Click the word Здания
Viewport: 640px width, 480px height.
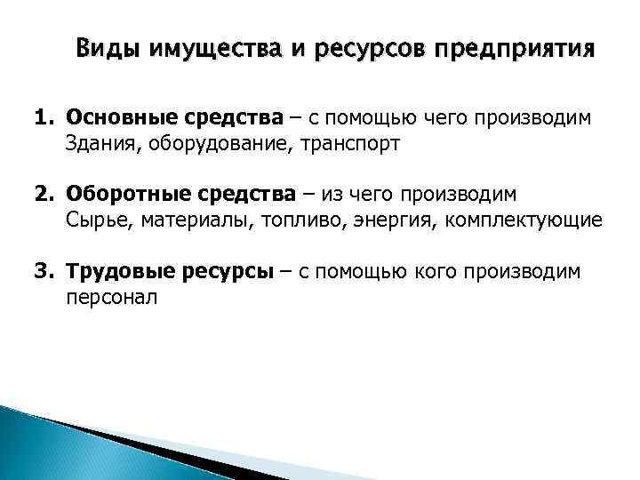(97, 144)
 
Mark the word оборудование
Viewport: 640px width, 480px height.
(195, 144)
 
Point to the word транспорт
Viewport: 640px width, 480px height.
(316, 144)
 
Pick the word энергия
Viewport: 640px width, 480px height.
(380, 220)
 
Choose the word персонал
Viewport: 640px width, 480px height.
(110, 297)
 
